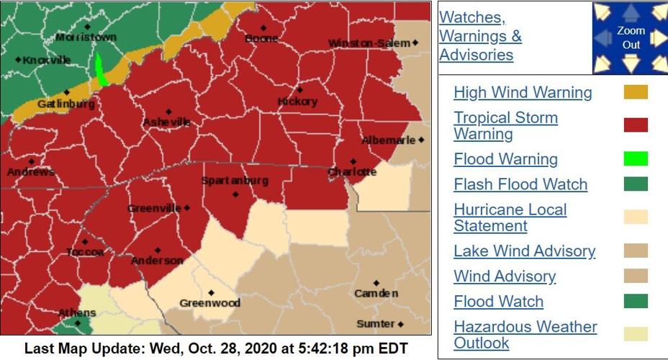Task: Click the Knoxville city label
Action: (x=47, y=60)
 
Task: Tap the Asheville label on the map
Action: (x=166, y=122)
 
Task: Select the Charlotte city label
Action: (x=352, y=172)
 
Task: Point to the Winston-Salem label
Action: (x=369, y=44)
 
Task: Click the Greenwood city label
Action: (x=209, y=303)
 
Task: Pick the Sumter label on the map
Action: (x=376, y=324)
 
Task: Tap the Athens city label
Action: (x=76, y=312)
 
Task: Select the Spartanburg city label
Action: (x=235, y=181)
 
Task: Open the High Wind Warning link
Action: (x=523, y=93)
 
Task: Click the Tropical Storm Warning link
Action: (x=505, y=126)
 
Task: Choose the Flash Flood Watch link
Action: (x=520, y=184)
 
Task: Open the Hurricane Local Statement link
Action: (x=510, y=217)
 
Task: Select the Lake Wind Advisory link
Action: (x=524, y=251)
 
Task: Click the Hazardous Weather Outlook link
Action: (x=525, y=335)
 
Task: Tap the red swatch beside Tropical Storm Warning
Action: (x=636, y=125)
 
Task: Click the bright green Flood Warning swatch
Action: (x=636, y=159)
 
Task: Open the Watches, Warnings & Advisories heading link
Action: (x=480, y=36)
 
